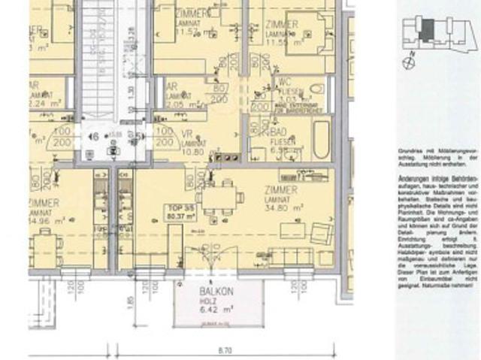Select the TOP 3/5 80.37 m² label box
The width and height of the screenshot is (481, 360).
pos(180,212)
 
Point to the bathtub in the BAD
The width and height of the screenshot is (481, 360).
pos(321,141)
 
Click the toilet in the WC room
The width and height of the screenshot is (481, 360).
pos(316,88)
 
